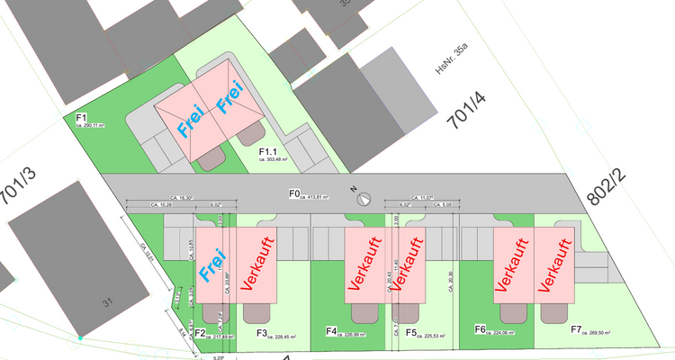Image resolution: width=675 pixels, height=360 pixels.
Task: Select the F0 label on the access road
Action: [293, 193]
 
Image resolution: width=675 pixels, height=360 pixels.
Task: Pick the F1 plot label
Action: [81, 118]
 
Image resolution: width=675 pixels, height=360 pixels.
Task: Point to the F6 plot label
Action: [481, 329]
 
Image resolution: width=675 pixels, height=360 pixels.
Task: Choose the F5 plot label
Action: [410, 332]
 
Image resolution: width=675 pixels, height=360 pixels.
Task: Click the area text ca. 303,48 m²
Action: [271, 159]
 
